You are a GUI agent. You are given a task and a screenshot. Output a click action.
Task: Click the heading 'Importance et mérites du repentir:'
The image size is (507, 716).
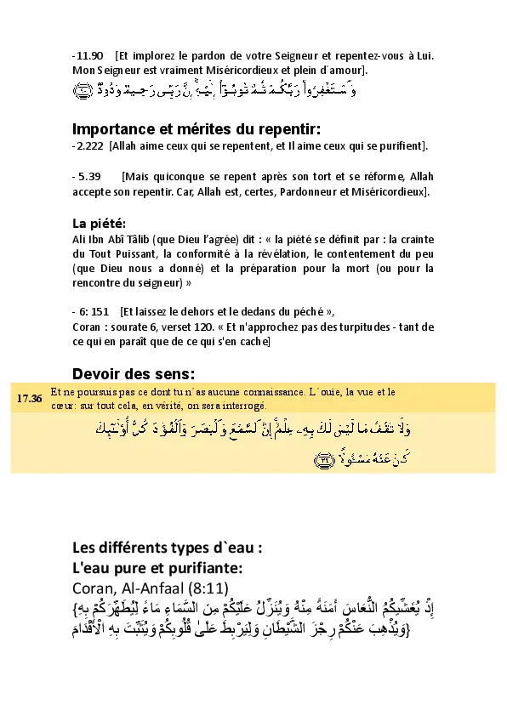point(196,129)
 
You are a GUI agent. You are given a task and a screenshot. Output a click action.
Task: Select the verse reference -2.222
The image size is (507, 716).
point(88,146)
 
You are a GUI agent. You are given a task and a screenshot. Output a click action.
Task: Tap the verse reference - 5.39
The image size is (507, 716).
point(88,177)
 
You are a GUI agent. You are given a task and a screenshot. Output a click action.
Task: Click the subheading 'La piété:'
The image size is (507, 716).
point(99,223)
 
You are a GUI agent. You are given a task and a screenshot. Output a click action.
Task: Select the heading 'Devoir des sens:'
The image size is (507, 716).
point(134,373)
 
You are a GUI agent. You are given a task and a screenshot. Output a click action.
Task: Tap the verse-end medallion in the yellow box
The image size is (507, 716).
point(325,459)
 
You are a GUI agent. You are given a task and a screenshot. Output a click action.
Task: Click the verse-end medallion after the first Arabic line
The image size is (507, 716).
point(83,90)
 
